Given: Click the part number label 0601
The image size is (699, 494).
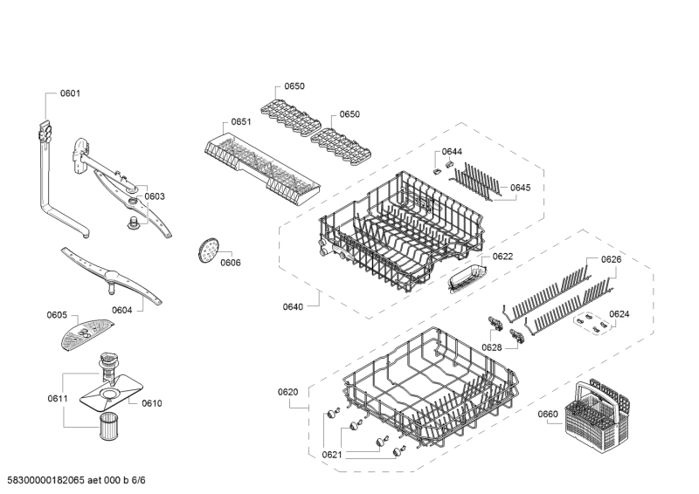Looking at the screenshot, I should click(x=70, y=93).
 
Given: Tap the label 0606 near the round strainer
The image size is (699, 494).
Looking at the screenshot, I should click(x=230, y=263).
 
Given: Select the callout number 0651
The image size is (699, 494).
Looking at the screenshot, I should click(x=241, y=122).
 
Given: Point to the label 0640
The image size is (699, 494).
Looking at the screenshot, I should click(x=293, y=305).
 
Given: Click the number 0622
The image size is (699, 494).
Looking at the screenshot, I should click(x=502, y=257).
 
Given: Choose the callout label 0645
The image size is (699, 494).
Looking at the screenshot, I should click(x=520, y=188).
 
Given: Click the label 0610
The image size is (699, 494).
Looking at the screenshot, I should click(x=152, y=403).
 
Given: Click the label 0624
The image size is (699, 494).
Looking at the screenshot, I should click(x=619, y=313).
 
